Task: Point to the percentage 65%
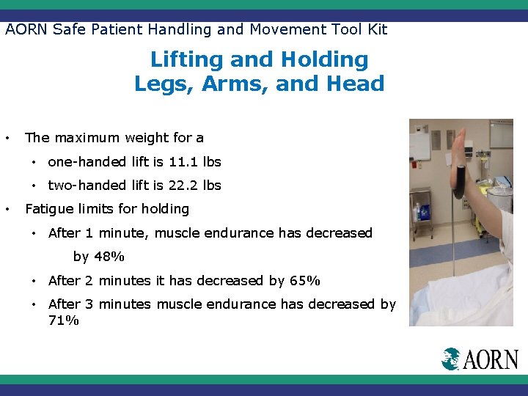coord(305,280)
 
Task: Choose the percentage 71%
coord(63,320)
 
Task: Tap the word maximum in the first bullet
coord(86,137)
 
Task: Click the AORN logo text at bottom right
coord(490,359)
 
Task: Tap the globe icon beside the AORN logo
coord(451,359)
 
